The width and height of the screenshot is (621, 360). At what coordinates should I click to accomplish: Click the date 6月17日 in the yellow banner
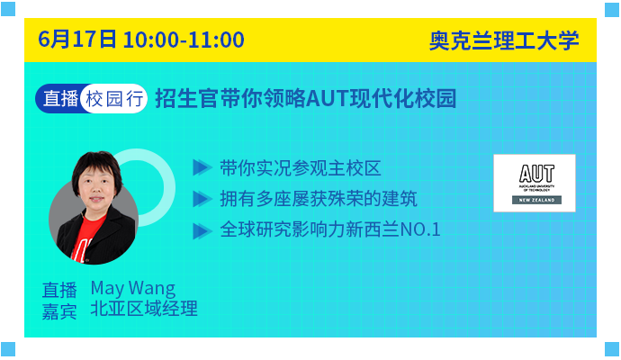(x=77, y=40)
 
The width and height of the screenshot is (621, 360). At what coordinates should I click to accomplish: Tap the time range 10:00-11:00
(x=184, y=40)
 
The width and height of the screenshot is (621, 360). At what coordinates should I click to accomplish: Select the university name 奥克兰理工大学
(x=504, y=40)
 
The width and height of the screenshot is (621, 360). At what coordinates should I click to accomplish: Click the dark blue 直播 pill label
(x=59, y=98)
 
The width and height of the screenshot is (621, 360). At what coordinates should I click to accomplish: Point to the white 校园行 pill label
(x=114, y=99)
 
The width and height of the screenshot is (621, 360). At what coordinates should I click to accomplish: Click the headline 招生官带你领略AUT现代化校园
(x=306, y=98)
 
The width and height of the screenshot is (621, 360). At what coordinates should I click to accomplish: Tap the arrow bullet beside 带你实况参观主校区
(x=202, y=167)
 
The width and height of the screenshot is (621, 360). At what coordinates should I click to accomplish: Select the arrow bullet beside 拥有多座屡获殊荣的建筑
(x=202, y=199)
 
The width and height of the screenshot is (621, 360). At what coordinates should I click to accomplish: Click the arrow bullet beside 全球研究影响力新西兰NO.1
(x=202, y=231)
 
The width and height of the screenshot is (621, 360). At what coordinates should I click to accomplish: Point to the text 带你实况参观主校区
(x=301, y=168)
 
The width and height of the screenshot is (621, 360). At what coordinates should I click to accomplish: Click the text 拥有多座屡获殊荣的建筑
(x=319, y=199)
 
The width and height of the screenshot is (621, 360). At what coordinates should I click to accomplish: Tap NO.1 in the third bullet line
(x=420, y=229)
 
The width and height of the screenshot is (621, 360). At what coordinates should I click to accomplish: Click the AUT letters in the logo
(x=536, y=174)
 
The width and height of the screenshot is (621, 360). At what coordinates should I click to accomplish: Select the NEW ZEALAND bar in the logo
(x=536, y=200)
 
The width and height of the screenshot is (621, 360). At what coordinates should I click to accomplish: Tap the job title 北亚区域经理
(x=144, y=309)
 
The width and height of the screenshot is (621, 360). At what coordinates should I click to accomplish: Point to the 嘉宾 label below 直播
(x=59, y=311)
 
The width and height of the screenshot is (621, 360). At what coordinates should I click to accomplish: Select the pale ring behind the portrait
(x=169, y=188)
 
